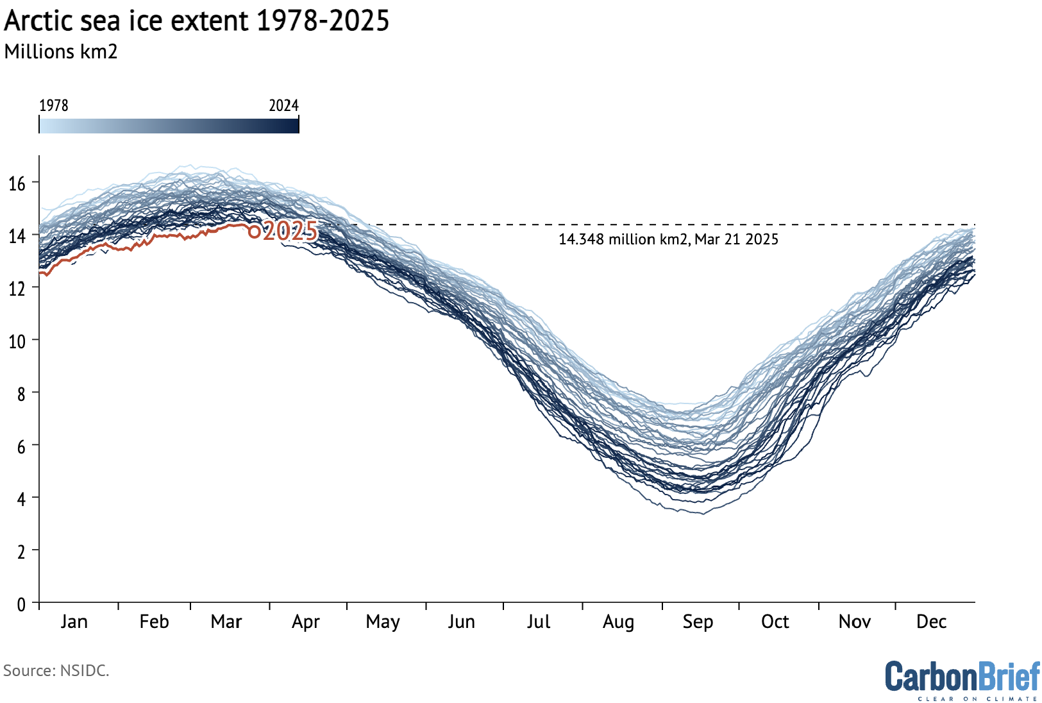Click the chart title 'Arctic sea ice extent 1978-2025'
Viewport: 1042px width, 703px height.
[x=196, y=21]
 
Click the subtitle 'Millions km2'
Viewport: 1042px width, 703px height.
[x=61, y=52]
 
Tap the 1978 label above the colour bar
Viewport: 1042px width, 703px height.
[x=54, y=105]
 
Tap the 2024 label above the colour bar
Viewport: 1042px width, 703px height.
[x=283, y=105]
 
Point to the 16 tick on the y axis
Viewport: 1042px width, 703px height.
[x=17, y=184]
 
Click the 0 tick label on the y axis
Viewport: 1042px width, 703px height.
[x=21, y=604]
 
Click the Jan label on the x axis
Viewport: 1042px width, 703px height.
[x=74, y=622]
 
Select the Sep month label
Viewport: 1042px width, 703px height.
[x=698, y=622]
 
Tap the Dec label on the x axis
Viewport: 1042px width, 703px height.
[x=931, y=622]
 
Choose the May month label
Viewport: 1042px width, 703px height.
[x=383, y=622]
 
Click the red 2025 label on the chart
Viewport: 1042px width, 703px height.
[x=290, y=231]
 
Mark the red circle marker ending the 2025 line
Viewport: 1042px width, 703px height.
[x=254, y=232]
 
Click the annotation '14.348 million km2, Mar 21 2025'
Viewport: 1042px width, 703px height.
[x=668, y=239]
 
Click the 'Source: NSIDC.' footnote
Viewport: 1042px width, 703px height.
[x=56, y=671]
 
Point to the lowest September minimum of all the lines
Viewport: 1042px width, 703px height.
[x=703, y=514]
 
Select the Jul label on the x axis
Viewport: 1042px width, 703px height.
[x=539, y=622]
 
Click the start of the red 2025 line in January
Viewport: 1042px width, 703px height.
[x=41, y=274]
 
